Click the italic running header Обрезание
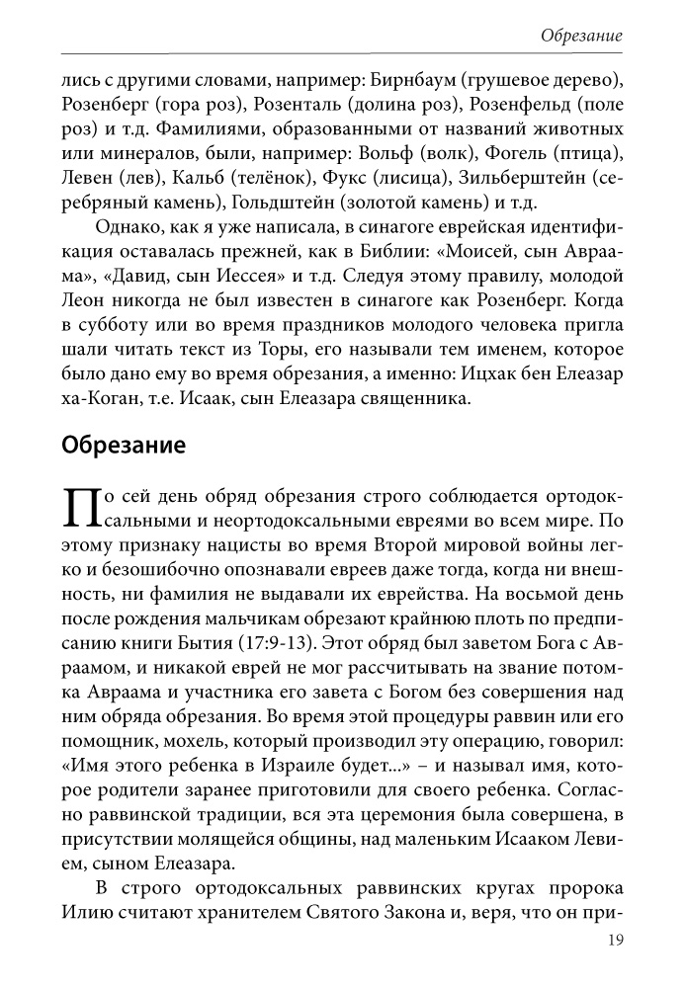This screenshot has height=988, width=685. pyautogui.click(x=581, y=36)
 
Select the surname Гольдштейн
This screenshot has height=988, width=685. pyautogui.click(x=283, y=205)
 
